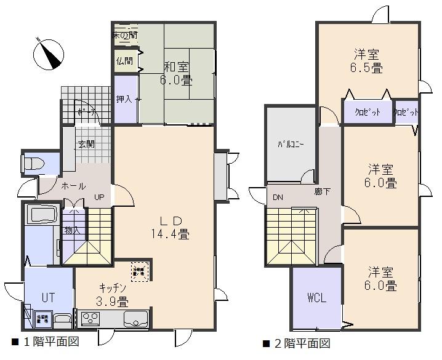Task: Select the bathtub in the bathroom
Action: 41,215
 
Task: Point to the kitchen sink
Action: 135,319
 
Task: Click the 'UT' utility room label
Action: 49,297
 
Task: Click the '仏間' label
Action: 124,60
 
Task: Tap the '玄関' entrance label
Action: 86,145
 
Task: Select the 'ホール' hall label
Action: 73,186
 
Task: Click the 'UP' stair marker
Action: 98,197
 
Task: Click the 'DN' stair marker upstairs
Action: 278,197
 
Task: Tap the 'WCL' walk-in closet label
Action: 316,298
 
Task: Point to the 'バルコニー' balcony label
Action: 291,145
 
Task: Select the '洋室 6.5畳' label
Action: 368,60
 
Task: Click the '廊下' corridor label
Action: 322,191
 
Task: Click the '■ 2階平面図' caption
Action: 296,343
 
